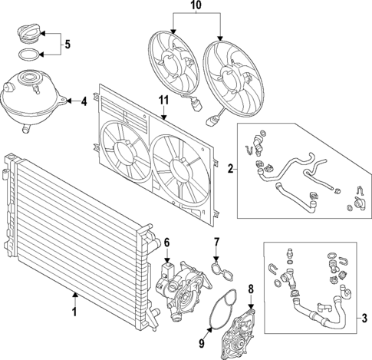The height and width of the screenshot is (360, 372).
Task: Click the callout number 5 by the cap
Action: (67, 45)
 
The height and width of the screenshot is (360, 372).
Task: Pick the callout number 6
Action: (166, 243)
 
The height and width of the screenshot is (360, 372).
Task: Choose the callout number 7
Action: (216, 243)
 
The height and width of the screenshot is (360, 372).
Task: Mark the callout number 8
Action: (250, 289)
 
